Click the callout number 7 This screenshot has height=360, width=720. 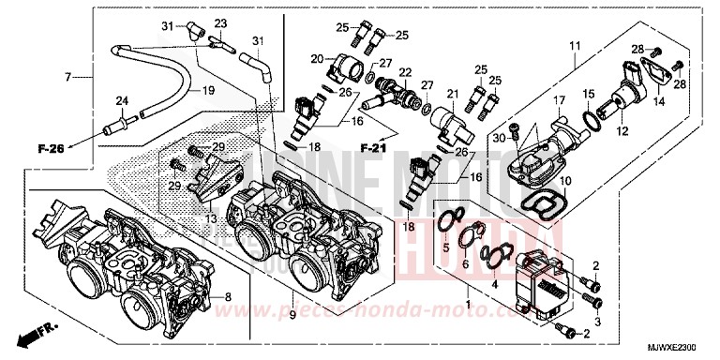coord(68,75)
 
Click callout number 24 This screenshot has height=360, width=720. coord(121,101)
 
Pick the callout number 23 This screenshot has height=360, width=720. coord(221,23)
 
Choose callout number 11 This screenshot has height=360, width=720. coord(575,44)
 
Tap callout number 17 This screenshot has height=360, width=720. coord(556,100)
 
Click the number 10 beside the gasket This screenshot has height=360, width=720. coord(565,180)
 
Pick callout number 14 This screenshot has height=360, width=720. coord(656,100)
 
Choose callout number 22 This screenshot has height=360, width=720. coord(405,71)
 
